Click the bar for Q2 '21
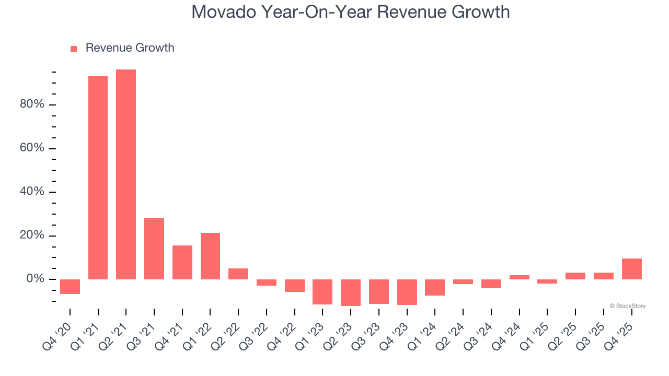click(x=126, y=174)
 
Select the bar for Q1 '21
click(x=98, y=178)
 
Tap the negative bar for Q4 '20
click(x=70, y=287)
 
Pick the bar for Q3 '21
click(x=154, y=249)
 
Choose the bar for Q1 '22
click(x=210, y=256)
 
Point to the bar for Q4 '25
click(x=632, y=269)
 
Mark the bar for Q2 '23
click(x=351, y=292)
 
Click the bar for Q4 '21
click(x=182, y=262)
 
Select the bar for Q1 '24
click(x=435, y=287)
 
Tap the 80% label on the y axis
click(x=32, y=104)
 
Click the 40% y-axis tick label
click(x=32, y=192)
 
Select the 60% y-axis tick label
click(x=32, y=148)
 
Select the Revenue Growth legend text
click(x=130, y=48)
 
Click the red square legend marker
click(x=74, y=49)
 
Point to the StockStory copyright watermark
click(x=627, y=306)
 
